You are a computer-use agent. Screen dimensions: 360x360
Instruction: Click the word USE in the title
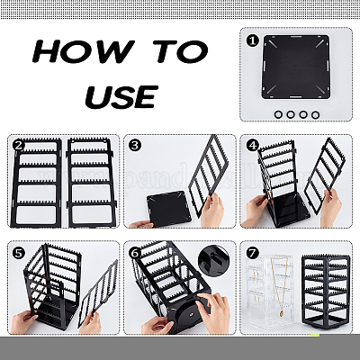(121, 96)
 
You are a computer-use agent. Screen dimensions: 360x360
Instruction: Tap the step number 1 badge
(252, 40)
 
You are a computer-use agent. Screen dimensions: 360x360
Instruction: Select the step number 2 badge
(19, 146)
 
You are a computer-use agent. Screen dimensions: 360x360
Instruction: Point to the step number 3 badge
(135, 146)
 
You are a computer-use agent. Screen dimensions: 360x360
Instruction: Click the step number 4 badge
(252, 146)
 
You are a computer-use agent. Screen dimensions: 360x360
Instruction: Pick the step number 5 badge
(19, 253)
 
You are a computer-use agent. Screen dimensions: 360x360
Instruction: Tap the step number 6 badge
(135, 253)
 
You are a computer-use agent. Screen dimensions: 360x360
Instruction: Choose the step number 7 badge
(252, 253)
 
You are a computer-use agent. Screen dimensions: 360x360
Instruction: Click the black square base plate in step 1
(296, 67)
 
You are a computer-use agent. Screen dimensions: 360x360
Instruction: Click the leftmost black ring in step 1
(278, 114)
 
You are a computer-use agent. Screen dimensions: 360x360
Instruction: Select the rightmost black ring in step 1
(315, 114)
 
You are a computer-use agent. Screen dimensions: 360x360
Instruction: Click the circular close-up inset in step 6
(214, 260)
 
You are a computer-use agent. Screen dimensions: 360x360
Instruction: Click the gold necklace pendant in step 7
(282, 313)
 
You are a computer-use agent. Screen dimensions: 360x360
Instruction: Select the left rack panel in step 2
(37, 183)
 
